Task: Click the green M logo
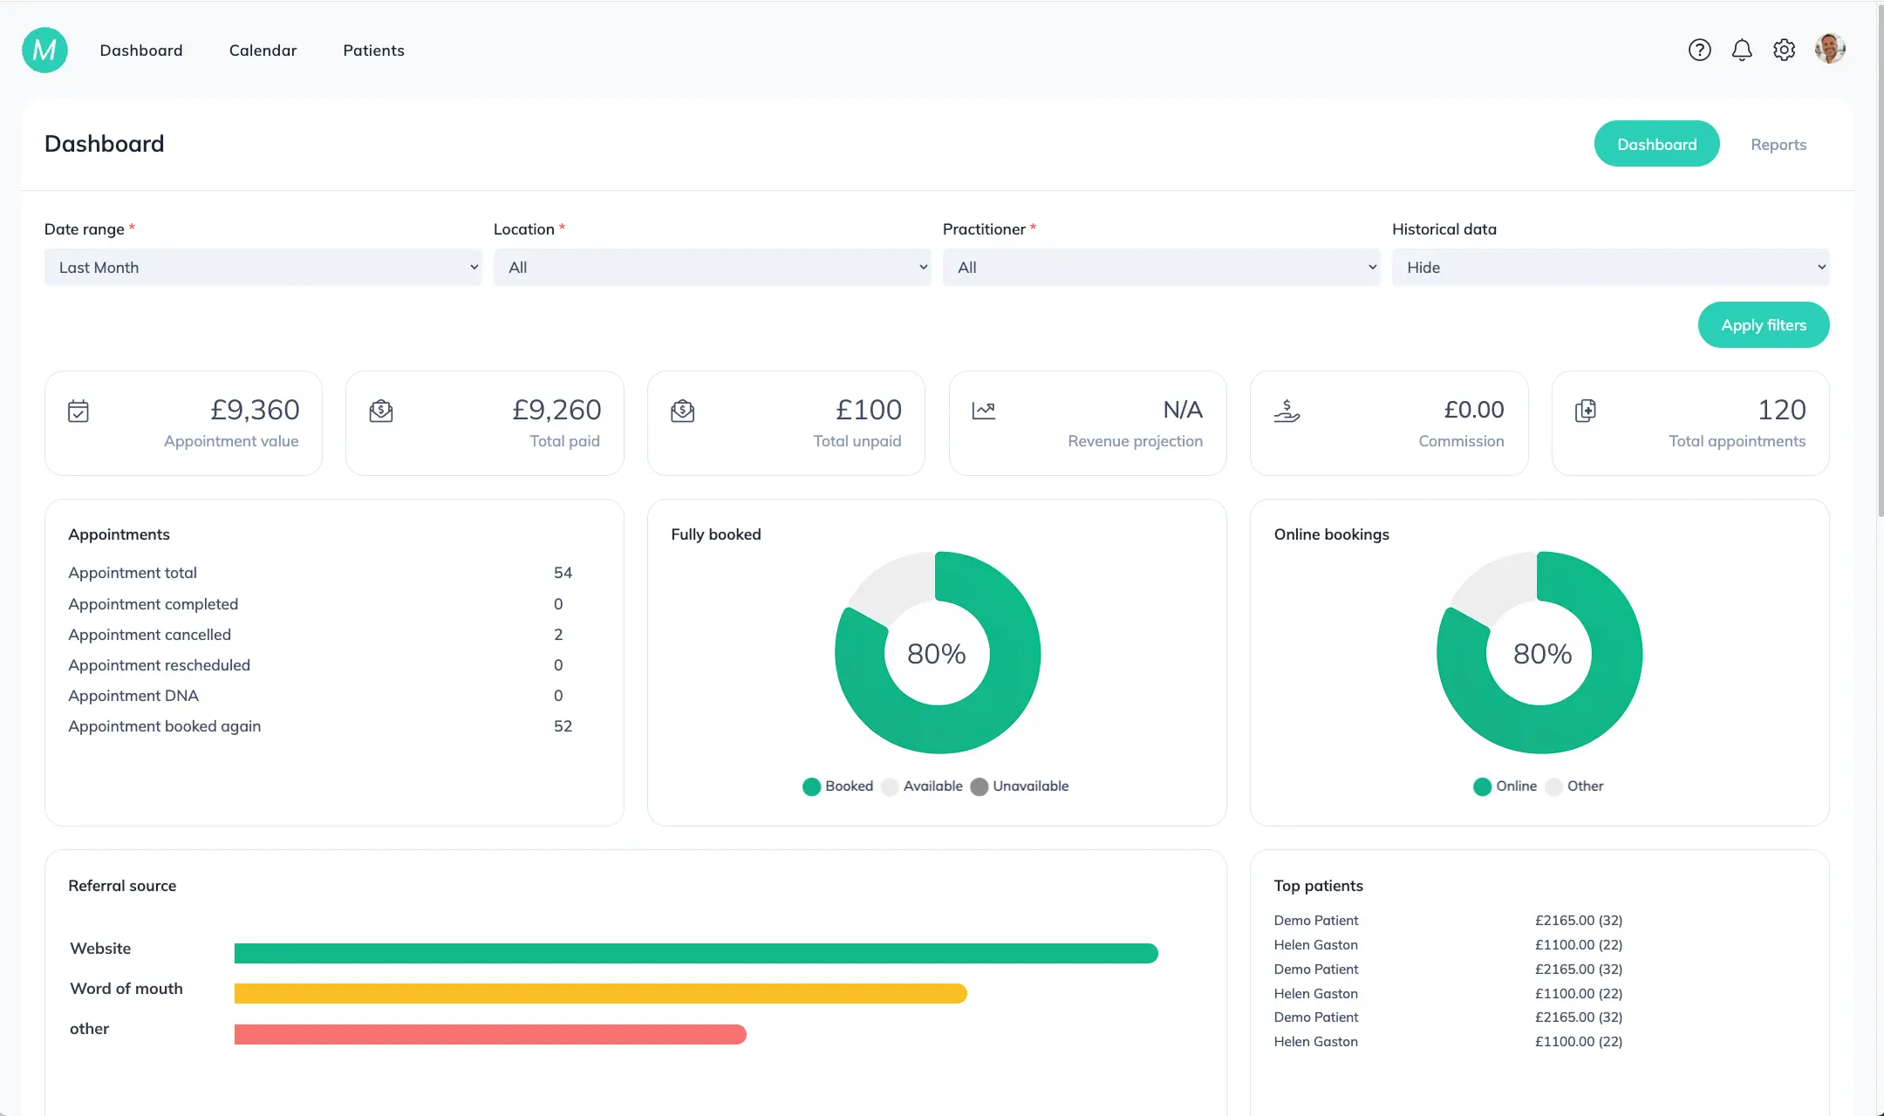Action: point(44,51)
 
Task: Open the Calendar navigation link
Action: point(263,51)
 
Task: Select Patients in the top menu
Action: point(373,51)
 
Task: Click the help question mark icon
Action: point(1699,51)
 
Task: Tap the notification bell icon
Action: point(1742,51)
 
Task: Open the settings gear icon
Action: point(1784,51)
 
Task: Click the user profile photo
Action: point(1830,49)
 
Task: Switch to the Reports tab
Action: point(1778,145)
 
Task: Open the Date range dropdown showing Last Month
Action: point(263,268)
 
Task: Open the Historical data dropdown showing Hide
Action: point(1610,268)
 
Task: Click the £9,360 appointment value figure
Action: point(255,410)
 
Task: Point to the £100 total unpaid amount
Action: point(868,410)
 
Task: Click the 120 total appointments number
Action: point(1781,410)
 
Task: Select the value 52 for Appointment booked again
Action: point(563,726)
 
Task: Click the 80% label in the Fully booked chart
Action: point(936,654)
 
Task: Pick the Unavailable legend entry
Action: point(1020,786)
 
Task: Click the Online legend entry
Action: point(1505,786)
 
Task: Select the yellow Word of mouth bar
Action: point(600,994)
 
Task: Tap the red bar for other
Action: point(490,1034)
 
